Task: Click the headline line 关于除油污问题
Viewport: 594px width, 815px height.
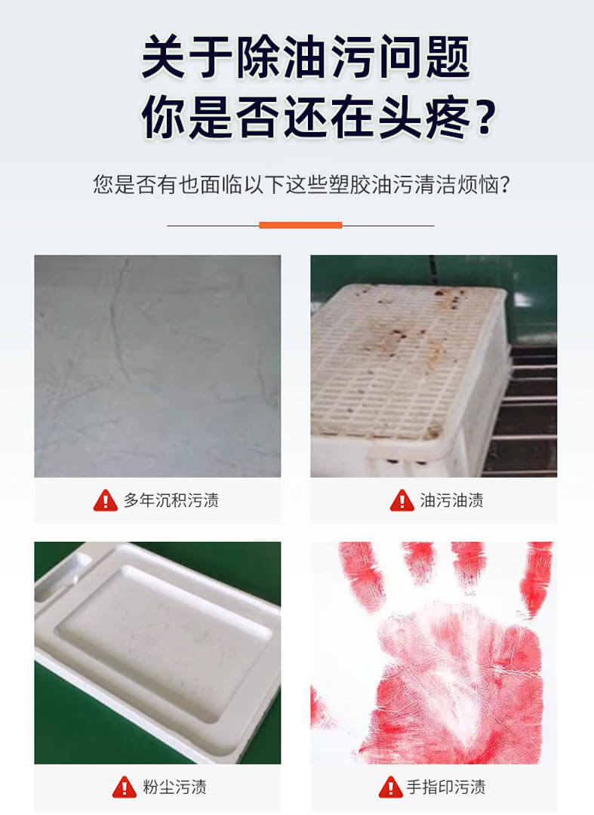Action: coord(305,60)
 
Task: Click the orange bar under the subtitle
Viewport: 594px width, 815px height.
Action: coord(300,225)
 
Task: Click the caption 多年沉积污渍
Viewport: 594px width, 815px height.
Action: coord(171,500)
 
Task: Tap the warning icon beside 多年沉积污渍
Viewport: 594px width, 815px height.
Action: coord(106,500)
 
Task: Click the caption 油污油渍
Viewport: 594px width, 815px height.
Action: coord(451,500)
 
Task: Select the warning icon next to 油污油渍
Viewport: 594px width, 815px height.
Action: coord(402,500)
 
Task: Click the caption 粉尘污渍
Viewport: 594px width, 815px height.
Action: coord(174,787)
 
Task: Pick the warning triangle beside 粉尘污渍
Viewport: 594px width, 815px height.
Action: coord(125,787)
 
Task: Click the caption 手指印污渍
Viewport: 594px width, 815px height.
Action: coord(445,787)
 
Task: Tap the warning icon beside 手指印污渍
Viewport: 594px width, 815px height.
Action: coord(390,787)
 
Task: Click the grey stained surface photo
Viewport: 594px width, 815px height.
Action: coord(157,366)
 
